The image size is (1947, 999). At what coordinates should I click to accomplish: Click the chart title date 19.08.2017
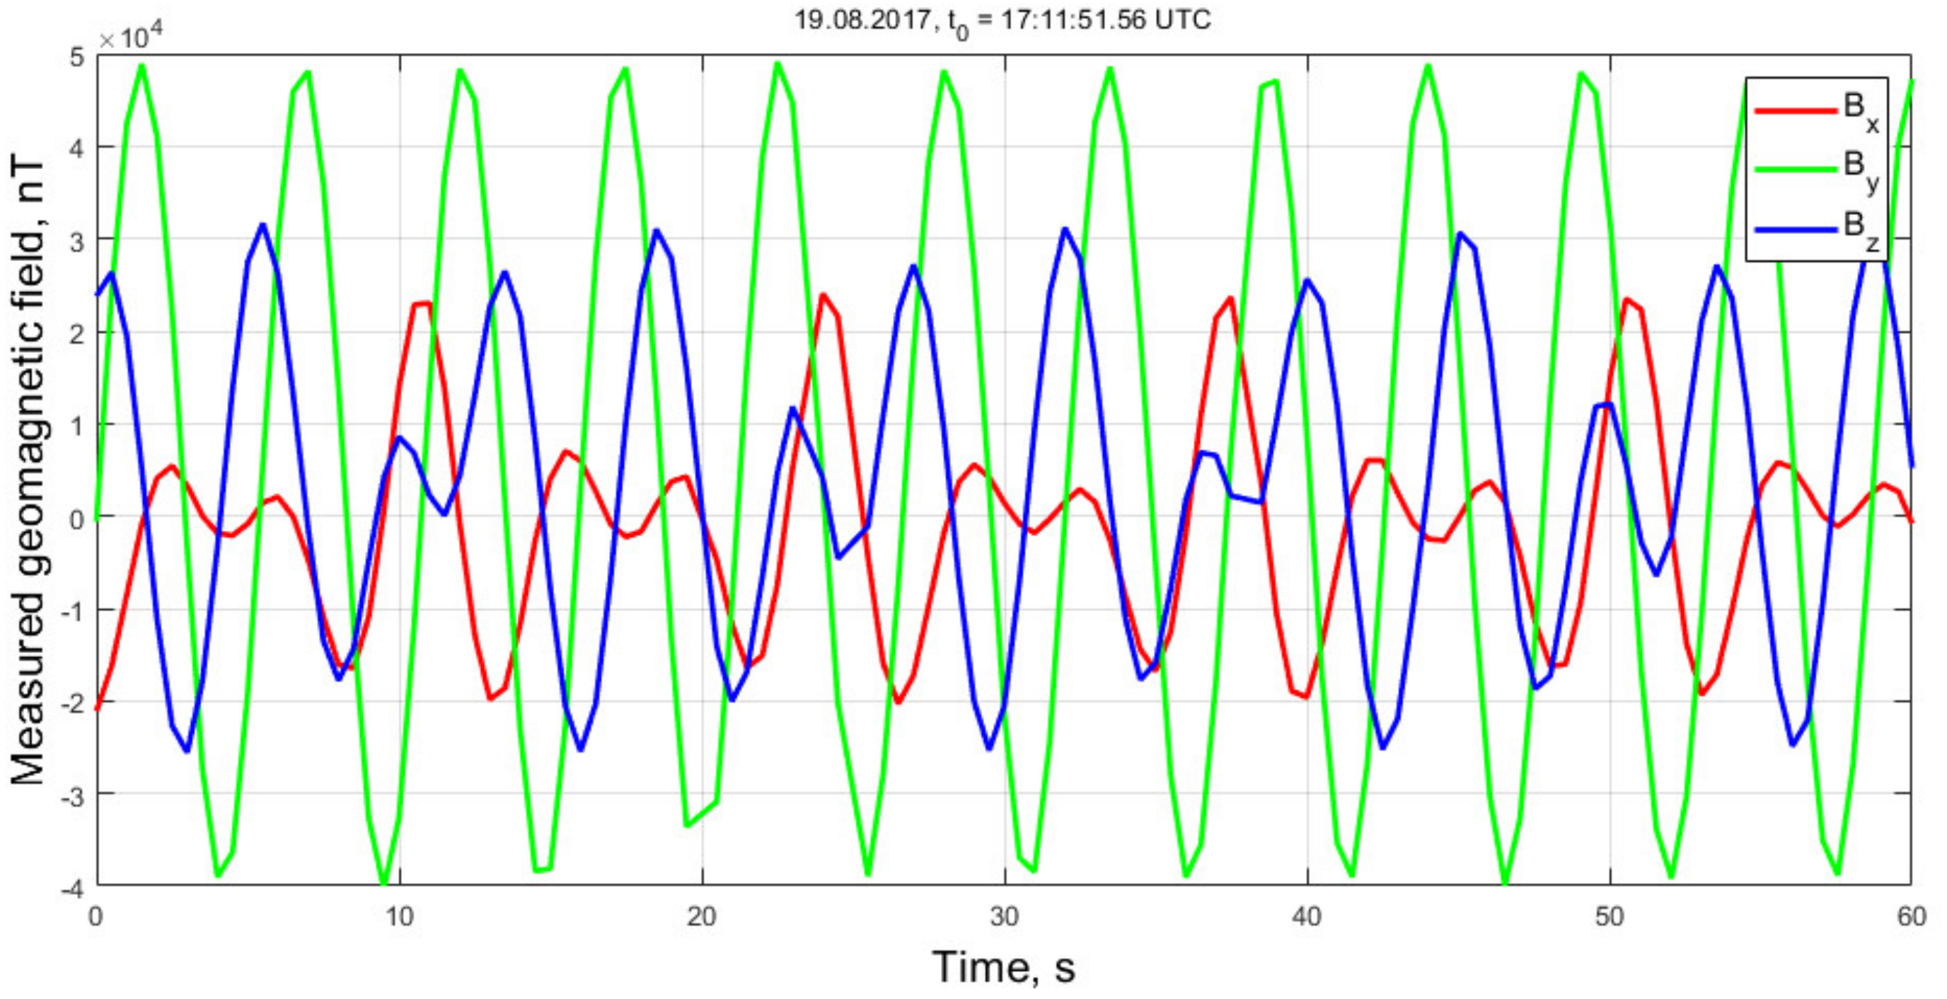862,20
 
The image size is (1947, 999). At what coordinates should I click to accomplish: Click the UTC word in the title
1182,20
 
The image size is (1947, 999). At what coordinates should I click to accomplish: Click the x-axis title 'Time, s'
1003,966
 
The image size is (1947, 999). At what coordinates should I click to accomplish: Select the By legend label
1861,169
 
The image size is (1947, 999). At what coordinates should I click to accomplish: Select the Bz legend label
1861,229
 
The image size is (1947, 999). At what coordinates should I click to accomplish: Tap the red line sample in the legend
1795,110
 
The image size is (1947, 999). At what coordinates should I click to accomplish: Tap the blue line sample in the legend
1795,229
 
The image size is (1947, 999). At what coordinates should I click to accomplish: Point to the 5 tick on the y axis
76,57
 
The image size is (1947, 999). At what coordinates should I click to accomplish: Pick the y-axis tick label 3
76,241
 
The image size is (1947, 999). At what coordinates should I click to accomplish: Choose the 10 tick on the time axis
399,917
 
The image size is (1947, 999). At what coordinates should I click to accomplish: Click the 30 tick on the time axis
1005,917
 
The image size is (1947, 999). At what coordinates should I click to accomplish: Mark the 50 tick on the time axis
1610,917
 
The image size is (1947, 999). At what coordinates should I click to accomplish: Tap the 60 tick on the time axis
1912,917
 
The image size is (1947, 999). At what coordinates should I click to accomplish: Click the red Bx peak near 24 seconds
823,295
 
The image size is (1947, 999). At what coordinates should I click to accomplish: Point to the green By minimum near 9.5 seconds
384,883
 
